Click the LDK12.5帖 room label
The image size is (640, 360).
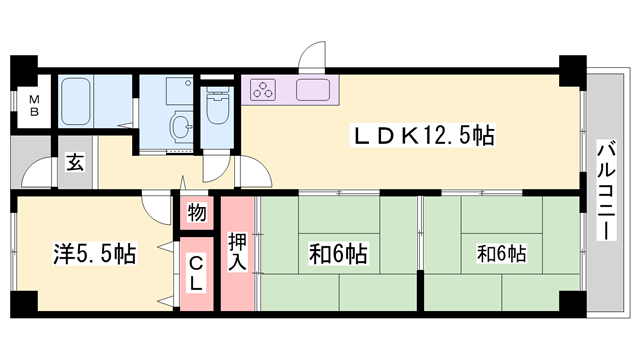[x=419, y=136]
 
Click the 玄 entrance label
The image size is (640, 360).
[x=75, y=163]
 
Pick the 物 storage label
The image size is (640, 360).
[x=196, y=213]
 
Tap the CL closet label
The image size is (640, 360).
[x=196, y=272]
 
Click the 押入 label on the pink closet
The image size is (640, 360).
[x=238, y=251]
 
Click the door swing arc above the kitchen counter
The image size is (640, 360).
[x=313, y=56]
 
